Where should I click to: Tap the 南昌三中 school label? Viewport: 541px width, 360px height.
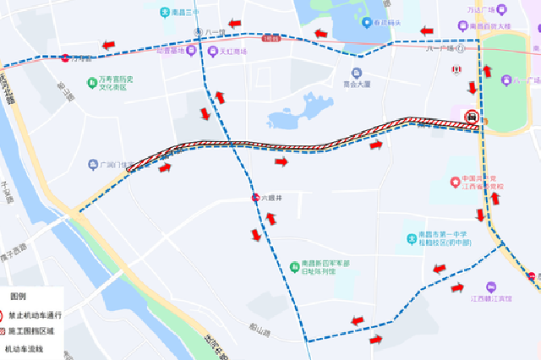click(182, 12)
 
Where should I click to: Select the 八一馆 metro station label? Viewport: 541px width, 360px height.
click(215, 33)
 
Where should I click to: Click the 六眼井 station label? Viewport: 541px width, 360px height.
click(270, 197)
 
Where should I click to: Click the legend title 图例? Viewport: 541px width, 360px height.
click(19, 297)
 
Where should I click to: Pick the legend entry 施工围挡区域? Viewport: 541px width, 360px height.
click(32, 331)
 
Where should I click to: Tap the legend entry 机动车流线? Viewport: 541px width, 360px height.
click(23, 348)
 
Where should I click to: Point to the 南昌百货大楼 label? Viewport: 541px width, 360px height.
click(500, 26)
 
